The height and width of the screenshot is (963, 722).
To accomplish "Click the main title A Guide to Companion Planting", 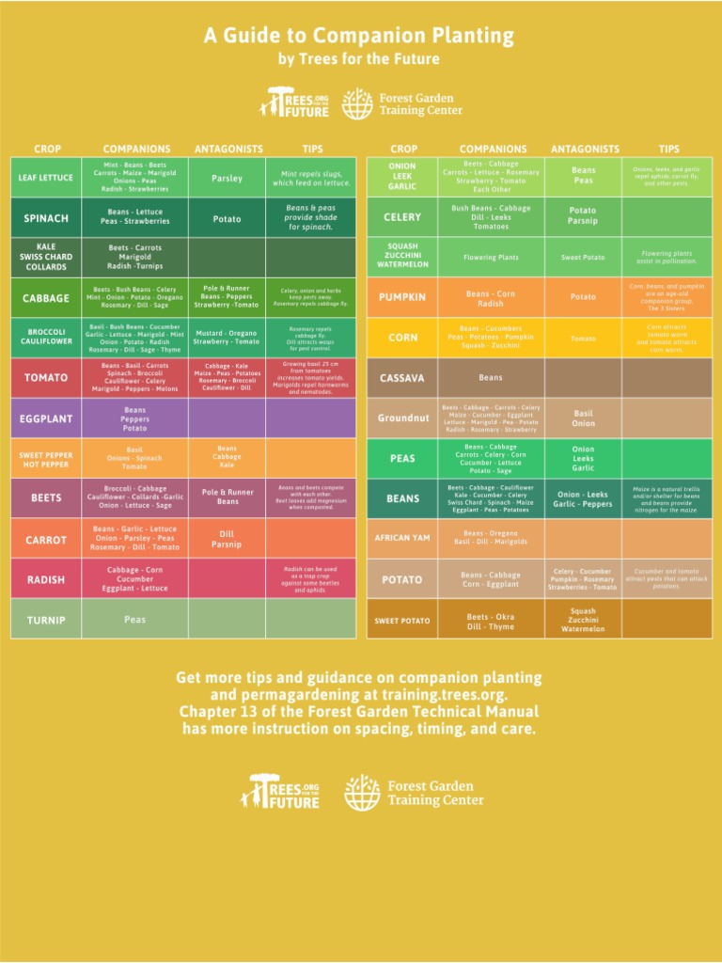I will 359,37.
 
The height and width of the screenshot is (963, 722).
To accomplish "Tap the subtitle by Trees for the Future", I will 359,59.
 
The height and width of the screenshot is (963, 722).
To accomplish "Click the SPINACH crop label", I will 46,218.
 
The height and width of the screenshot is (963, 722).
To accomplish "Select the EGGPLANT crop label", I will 46,418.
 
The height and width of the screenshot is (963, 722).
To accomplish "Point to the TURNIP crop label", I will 46,621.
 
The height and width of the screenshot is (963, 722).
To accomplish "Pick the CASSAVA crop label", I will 401,378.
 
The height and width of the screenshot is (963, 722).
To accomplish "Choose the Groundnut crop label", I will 403,418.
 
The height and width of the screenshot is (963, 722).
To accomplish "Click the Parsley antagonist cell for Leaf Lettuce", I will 227,178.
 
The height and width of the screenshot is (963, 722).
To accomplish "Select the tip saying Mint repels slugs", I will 311,178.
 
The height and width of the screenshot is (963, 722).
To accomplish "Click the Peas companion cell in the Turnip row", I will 135,620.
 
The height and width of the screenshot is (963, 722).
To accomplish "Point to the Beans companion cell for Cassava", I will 491,378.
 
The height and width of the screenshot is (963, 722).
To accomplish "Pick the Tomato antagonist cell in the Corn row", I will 583,339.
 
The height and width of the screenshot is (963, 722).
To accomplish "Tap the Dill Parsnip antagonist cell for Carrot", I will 227,539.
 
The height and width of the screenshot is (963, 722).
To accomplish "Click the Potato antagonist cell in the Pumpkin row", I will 583,297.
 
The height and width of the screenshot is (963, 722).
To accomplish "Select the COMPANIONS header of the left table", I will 137,149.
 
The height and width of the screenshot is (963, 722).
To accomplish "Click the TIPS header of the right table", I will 668,149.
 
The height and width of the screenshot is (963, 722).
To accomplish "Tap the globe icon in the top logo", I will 356,104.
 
